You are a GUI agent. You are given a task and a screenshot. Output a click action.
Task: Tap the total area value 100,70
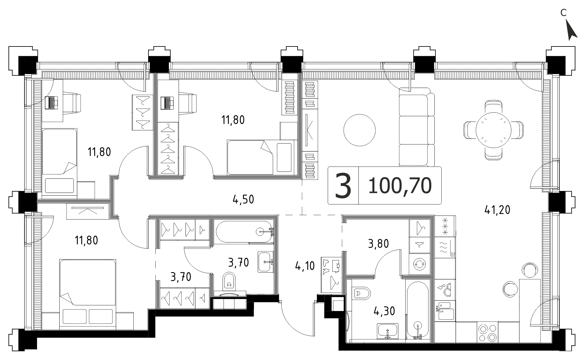pyautogui.click(x=400, y=186)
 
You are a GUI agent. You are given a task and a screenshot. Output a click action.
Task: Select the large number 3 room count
pyautogui.click(x=343, y=186)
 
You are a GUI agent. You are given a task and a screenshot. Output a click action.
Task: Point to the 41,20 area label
pyautogui.click(x=497, y=209)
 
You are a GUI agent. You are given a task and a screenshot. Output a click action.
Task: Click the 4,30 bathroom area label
pyautogui.click(x=384, y=311)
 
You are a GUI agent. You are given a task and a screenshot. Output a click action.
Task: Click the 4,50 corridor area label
pyautogui.click(x=243, y=199)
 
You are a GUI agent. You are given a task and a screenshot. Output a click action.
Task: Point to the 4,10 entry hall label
pyautogui.click(x=305, y=267)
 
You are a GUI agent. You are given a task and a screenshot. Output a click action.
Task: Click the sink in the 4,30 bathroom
pyautogui.click(x=388, y=331)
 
